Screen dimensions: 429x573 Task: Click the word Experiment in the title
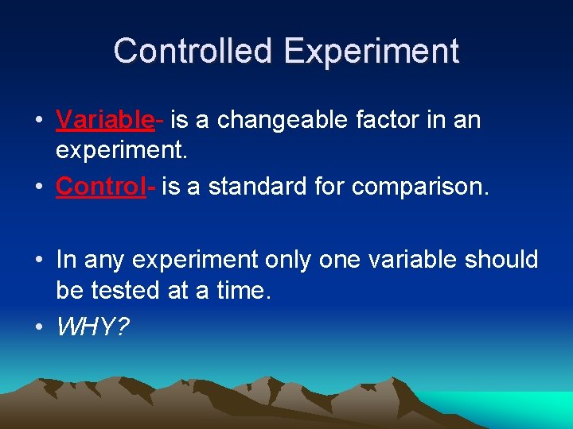[x=371, y=52]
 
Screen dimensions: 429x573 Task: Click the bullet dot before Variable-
[x=38, y=122]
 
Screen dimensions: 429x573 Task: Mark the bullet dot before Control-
[x=38, y=187]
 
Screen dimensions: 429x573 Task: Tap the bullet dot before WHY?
[x=38, y=328]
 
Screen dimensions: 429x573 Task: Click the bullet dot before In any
[x=38, y=261]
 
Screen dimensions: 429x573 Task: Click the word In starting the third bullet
[x=66, y=260]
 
